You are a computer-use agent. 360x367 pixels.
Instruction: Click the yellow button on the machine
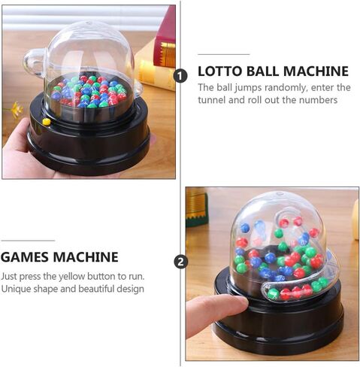47,122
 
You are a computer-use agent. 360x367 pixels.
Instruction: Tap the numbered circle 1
180,76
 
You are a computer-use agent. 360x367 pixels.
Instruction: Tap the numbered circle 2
180,262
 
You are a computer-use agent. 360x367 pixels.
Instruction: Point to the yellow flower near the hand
16,108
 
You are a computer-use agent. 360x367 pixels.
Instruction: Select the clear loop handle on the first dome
32,62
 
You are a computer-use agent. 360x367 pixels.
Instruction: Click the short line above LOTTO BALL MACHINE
224,54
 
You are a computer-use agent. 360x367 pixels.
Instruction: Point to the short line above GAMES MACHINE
28,241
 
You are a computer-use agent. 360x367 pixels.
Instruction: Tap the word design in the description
135,289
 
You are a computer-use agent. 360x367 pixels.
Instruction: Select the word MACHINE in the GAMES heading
86,257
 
